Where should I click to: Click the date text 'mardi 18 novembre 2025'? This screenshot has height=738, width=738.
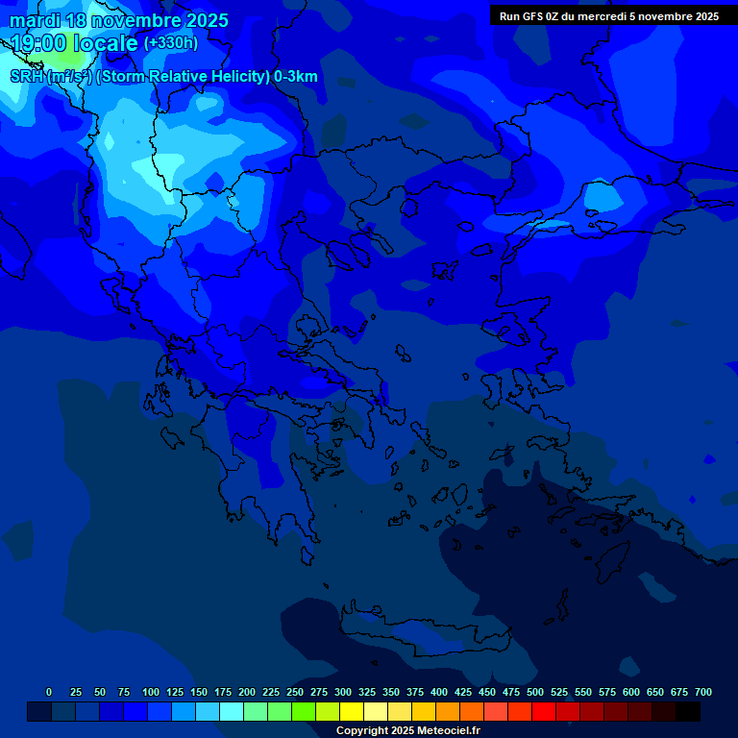click(119, 20)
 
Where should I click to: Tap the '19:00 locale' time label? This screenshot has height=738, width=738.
click(75, 42)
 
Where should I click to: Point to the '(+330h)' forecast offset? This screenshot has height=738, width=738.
click(170, 42)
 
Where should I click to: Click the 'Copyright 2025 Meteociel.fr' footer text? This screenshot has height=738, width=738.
click(407, 730)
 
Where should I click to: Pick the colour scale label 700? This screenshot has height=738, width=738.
click(703, 692)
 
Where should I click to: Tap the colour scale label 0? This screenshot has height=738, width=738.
click(49, 692)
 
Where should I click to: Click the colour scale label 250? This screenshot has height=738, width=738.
click(295, 692)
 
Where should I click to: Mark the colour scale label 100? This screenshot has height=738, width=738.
click(151, 692)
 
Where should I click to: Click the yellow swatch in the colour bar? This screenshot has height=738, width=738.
click(352, 711)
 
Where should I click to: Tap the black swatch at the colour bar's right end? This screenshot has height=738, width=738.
click(688, 711)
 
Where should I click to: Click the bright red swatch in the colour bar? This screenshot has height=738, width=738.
click(544, 711)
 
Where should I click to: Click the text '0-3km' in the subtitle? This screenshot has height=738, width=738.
click(295, 77)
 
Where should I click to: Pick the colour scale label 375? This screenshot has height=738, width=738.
click(415, 692)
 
